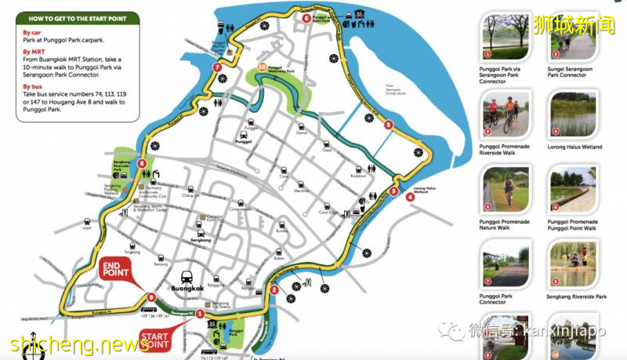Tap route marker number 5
point(388,124)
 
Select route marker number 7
point(216,67)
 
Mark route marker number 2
point(274,290)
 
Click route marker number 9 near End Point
point(150,296)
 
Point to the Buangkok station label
point(187,288)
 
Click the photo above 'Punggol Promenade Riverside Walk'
point(504,115)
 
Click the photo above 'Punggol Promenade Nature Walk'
point(504,189)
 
